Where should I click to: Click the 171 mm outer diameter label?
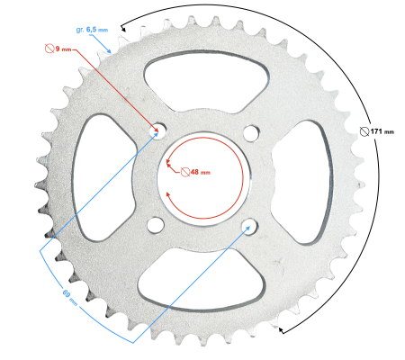[382, 131]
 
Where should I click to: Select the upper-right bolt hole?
[248, 130]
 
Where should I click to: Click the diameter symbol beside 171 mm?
[364, 131]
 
